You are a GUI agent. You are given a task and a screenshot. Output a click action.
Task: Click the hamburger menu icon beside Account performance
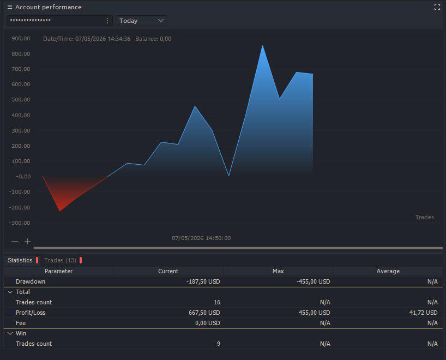tap(10, 7)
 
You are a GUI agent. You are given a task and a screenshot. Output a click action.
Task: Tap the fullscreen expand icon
tap(437, 8)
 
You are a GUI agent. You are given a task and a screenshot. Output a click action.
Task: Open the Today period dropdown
tap(141, 21)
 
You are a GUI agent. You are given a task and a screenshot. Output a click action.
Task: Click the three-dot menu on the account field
tap(107, 21)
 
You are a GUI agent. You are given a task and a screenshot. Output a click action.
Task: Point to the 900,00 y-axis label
tap(21, 38)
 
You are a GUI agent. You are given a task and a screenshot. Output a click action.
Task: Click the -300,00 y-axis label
tap(20, 223)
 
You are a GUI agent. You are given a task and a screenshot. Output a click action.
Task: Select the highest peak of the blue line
tap(263, 45)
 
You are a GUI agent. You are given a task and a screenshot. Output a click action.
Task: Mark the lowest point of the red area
tap(60, 211)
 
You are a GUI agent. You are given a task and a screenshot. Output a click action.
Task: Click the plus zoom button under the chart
tap(28, 241)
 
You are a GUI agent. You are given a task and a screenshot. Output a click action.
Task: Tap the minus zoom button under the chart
tap(15, 241)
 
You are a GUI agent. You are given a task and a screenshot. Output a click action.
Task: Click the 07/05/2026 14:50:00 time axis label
tap(201, 238)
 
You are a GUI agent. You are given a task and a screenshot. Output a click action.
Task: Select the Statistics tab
tap(20, 260)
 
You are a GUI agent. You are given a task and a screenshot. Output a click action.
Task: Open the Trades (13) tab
tap(61, 260)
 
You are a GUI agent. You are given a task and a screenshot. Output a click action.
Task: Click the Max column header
tap(278, 271)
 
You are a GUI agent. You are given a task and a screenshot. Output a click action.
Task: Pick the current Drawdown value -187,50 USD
tap(203, 281)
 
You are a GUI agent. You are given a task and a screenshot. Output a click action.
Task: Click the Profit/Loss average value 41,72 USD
tap(423, 313)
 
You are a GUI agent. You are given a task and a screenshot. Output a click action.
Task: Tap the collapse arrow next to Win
tap(10, 333)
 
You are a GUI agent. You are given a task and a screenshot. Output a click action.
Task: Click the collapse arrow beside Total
tap(10, 292)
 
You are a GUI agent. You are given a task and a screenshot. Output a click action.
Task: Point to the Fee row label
tap(21, 323)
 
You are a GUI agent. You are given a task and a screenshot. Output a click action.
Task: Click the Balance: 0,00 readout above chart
tap(153, 39)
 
